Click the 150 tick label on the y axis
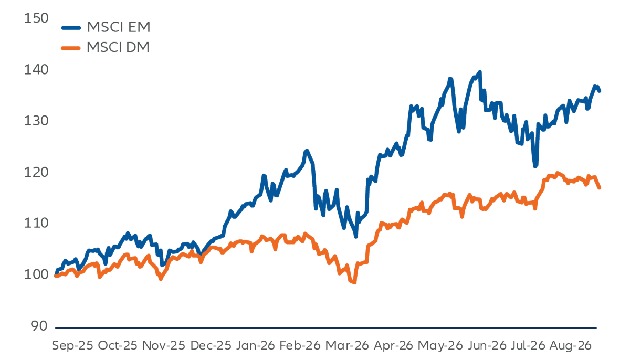pos(36,18)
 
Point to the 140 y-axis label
pos(36,70)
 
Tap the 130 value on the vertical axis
pos(36,121)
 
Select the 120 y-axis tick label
pos(36,172)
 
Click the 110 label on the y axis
pos(36,224)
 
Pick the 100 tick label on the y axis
pos(36,275)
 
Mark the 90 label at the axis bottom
pos(39,326)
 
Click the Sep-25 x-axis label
pos(72,346)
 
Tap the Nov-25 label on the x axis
pos(164,346)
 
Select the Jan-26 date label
pos(255,346)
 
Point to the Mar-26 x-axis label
pos(347,346)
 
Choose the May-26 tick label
pos(440,346)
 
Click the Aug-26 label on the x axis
pos(570,346)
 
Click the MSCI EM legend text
pos(119,27)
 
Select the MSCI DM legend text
pos(118,48)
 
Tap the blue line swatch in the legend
pos(71,27)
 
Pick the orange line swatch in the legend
pos(71,48)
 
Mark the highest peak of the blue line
pos(480,72)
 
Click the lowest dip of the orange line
pos(354,282)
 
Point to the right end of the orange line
pos(600,187)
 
